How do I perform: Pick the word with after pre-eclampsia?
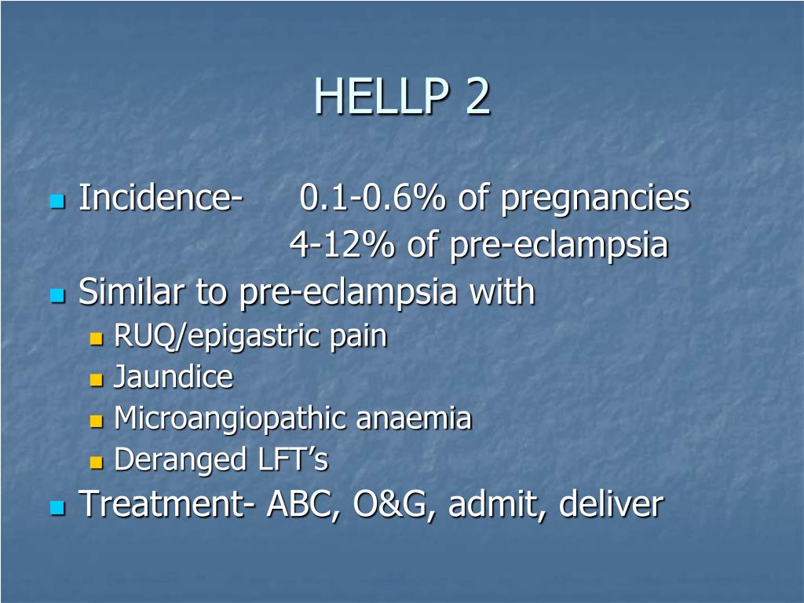502,293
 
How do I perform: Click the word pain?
360,337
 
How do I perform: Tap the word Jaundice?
174,378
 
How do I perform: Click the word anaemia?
414,418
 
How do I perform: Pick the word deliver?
612,504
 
